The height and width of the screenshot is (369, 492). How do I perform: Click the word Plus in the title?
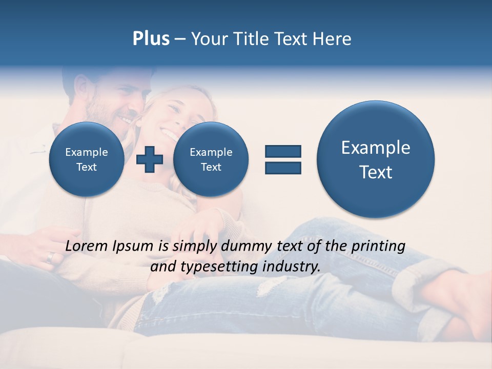151,39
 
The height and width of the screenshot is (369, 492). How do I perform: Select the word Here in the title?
333,39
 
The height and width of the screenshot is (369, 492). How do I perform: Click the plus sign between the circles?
150,159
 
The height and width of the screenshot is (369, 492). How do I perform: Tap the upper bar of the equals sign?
283,151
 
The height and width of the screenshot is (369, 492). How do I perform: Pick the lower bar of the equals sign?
283,168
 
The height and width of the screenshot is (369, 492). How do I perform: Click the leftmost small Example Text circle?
86,159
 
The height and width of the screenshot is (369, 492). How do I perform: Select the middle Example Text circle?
211,159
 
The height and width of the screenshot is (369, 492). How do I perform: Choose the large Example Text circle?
376,159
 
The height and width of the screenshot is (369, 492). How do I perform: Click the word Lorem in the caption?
87,246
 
